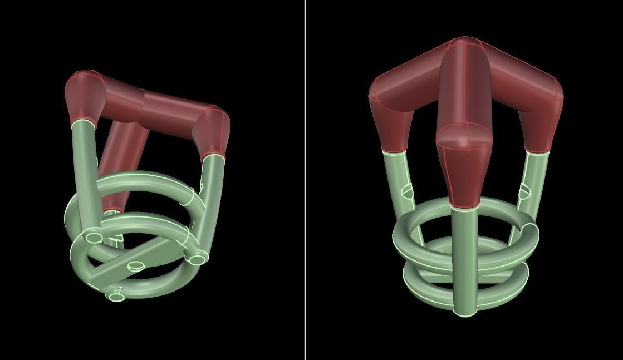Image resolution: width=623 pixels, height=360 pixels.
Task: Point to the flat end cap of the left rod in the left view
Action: [94, 238]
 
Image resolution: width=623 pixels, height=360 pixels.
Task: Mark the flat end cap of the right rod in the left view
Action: [197, 259]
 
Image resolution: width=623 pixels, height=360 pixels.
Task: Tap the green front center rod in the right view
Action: [463, 256]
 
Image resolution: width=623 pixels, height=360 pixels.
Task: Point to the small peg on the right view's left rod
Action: [408, 192]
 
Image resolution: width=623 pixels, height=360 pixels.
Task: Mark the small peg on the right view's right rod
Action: [524, 192]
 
